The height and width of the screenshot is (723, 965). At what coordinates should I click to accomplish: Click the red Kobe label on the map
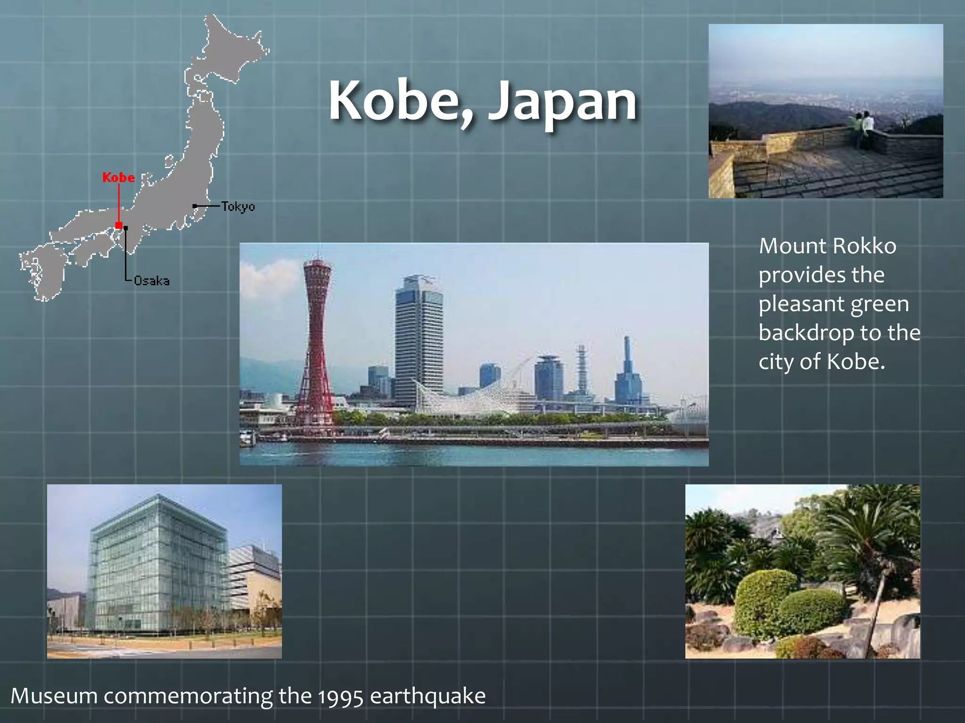(x=119, y=177)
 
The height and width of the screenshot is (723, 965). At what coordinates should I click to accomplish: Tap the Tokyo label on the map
(x=238, y=206)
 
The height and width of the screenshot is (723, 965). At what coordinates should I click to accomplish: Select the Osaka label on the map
(x=151, y=281)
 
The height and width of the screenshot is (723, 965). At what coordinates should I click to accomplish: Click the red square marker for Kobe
(x=119, y=225)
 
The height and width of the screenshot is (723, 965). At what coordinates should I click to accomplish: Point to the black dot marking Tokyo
(x=195, y=206)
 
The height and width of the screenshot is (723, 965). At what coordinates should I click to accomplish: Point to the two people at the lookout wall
(x=862, y=127)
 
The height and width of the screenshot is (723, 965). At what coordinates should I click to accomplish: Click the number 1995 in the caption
(x=341, y=697)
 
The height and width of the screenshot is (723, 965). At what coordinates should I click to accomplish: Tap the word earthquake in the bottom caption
(x=427, y=696)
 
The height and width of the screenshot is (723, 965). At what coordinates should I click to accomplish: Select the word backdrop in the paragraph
(x=806, y=333)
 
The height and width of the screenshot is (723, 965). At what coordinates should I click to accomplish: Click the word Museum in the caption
(x=54, y=696)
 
